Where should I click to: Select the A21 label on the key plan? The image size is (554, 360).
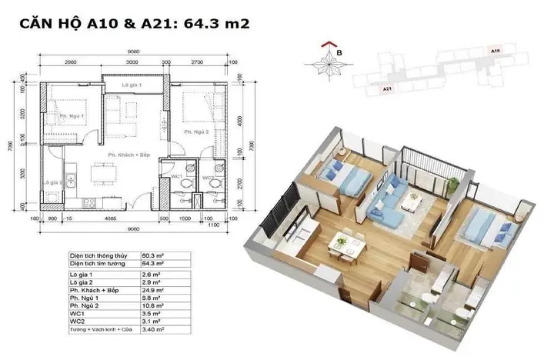(x=389, y=90)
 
